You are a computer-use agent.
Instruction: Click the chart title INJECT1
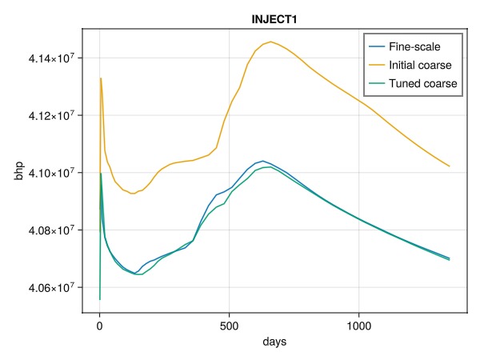(274, 19)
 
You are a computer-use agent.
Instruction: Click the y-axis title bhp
(19, 171)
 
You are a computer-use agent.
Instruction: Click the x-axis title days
(274, 342)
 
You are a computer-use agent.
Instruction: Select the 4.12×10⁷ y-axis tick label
(51, 114)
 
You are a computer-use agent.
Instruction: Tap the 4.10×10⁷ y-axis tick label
(51, 172)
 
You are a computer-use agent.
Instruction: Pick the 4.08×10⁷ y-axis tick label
(51, 230)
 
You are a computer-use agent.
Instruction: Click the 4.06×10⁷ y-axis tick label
(51, 287)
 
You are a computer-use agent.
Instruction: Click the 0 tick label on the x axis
(99, 326)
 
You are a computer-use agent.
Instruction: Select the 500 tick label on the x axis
(229, 326)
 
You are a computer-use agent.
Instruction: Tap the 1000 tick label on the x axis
(358, 326)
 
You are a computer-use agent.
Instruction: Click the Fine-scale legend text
(414, 46)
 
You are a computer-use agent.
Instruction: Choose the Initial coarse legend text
(420, 65)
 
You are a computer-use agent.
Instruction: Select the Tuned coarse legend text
(422, 83)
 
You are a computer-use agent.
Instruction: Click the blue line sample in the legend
(377, 46)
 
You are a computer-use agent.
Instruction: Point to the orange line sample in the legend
(377, 65)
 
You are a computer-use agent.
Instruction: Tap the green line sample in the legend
(377, 83)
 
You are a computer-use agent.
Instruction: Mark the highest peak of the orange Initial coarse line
(270, 42)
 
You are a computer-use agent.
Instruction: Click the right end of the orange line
(450, 166)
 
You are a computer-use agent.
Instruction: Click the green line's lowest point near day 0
(100, 299)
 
